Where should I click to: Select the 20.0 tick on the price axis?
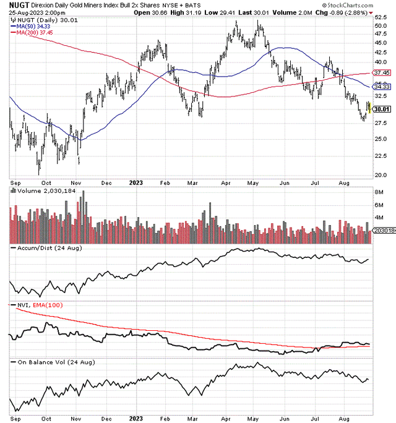click(380, 174)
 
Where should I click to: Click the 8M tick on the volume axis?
click(378, 193)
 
